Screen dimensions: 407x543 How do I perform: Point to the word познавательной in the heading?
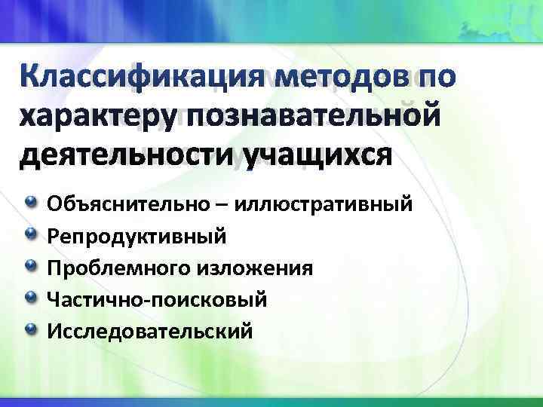(314, 117)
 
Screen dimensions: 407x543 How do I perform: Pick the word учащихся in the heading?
(316, 156)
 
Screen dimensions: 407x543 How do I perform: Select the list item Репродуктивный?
(136, 237)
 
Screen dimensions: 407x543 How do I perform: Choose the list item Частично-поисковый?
(157, 301)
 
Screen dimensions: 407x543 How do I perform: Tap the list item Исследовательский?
(150, 332)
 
